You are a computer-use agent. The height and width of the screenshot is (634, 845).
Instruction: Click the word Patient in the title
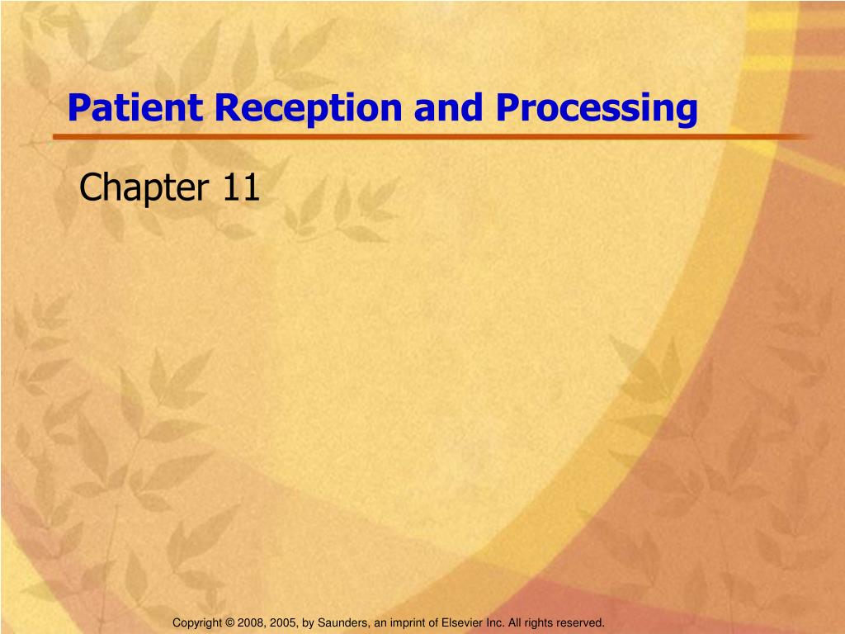[x=135, y=108]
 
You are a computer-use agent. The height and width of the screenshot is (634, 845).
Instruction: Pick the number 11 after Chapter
[x=240, y=189]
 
